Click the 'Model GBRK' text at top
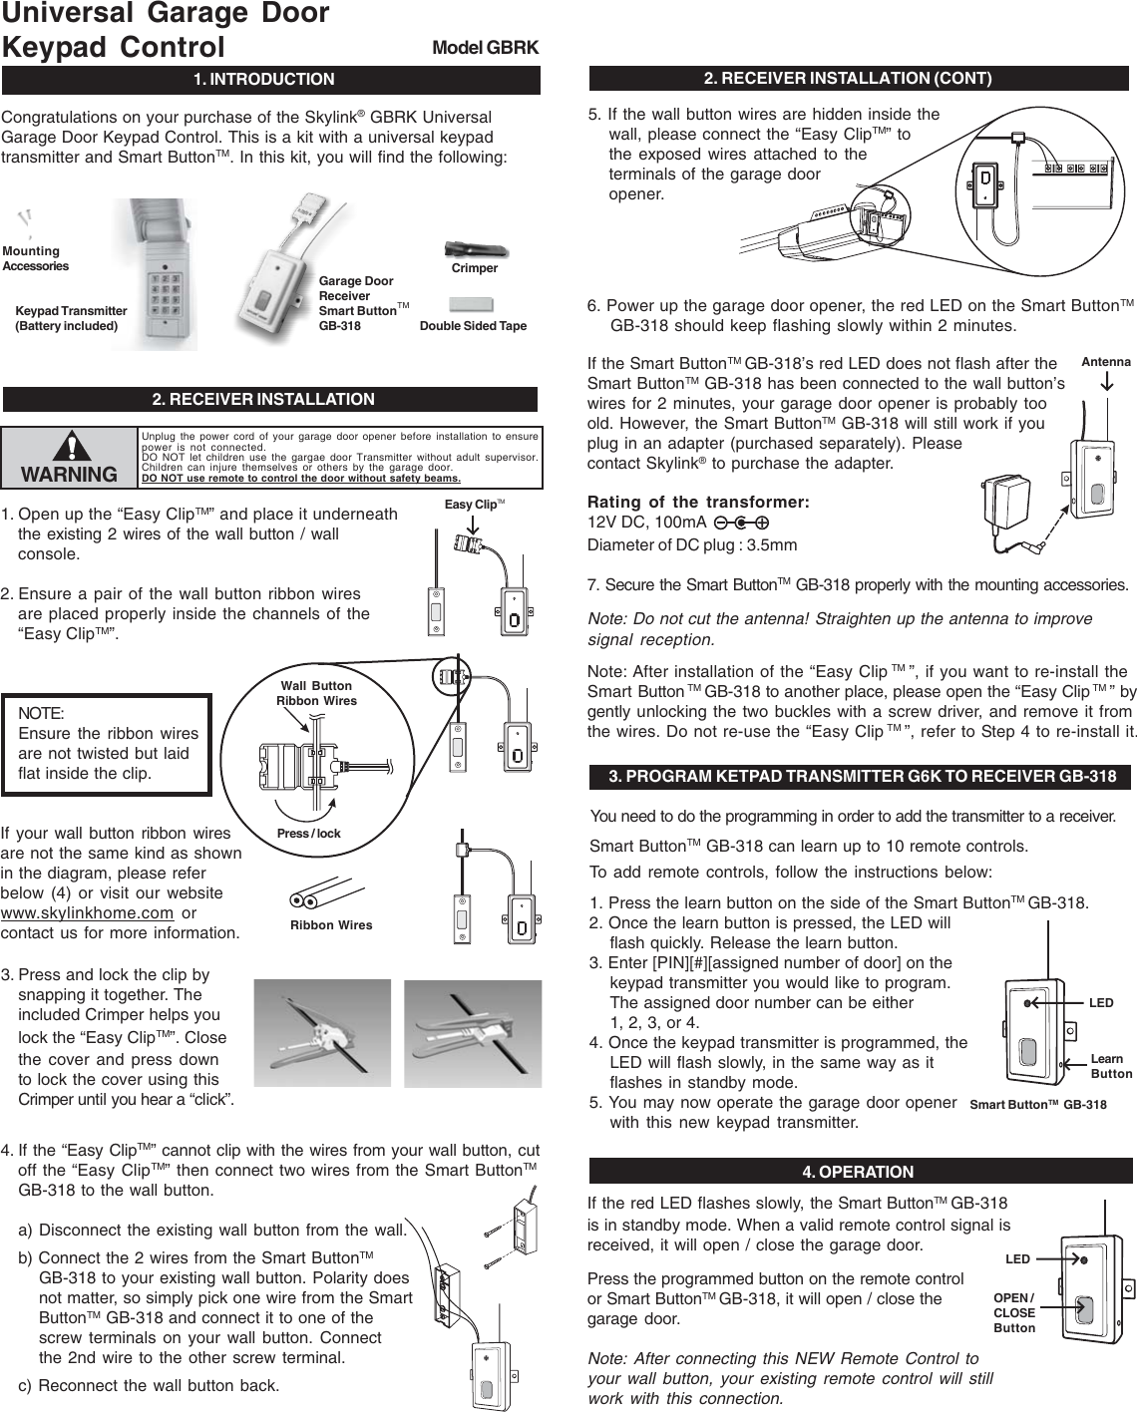[x=485, y=48]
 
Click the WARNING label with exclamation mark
[x=69, y=462]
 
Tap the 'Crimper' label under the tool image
[x=474, y=268]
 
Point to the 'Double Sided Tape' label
[x=473, y=326]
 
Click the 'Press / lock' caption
[x=308, y=834]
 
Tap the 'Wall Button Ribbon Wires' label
[x=316, y=693]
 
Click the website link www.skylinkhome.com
[x=87, y=913]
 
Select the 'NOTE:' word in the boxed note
[x=42, y=714]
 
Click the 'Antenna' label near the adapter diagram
[x=1106, y=362]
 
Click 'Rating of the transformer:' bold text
[x=698, y=501]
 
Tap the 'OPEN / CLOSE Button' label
[x=1014, y=1313]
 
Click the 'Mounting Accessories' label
[x=35, y=259]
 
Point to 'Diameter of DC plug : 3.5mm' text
[x=692, y=545]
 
